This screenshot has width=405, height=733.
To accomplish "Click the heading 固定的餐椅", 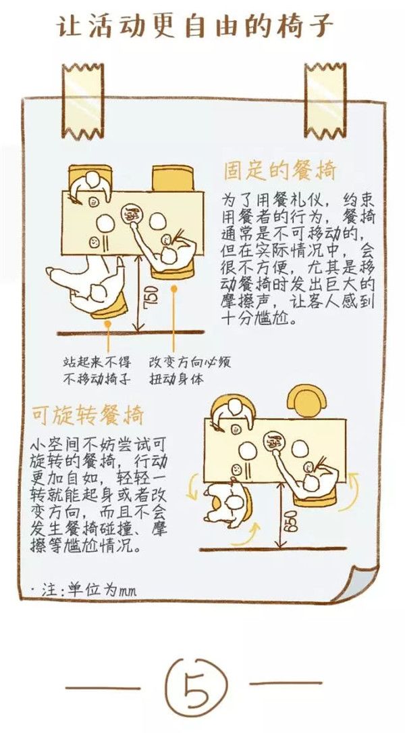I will (279, 170).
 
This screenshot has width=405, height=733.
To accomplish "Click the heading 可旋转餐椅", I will (87, 413).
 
